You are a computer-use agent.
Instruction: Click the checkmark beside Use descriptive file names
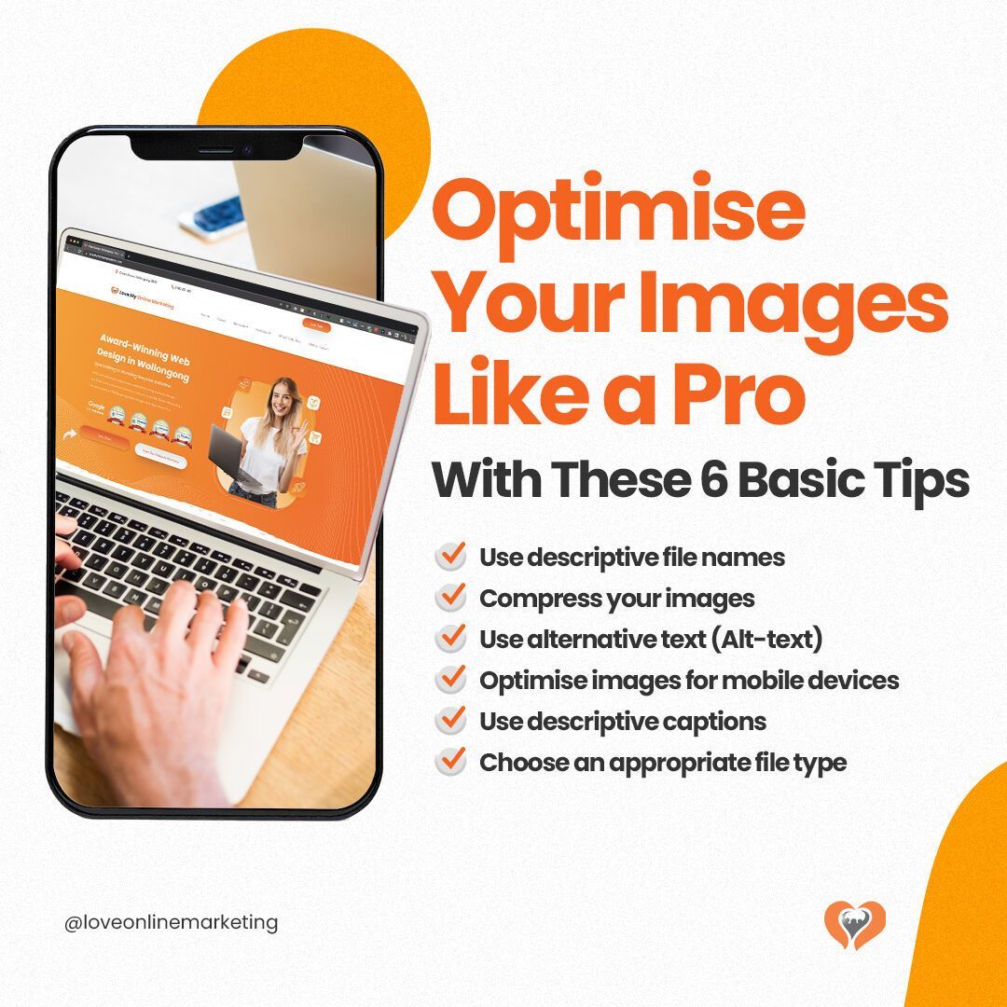451,557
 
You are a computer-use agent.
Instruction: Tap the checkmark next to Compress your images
451,598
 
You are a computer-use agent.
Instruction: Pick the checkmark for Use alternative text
451,639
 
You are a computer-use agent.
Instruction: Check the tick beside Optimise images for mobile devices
451,680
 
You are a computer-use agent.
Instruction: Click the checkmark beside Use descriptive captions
451,721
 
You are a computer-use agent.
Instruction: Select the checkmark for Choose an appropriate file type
451,762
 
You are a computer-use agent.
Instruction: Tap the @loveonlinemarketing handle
172,923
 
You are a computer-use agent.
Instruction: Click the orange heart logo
855,924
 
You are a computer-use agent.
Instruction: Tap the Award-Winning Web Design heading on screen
149,346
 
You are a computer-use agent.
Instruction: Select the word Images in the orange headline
798,302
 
